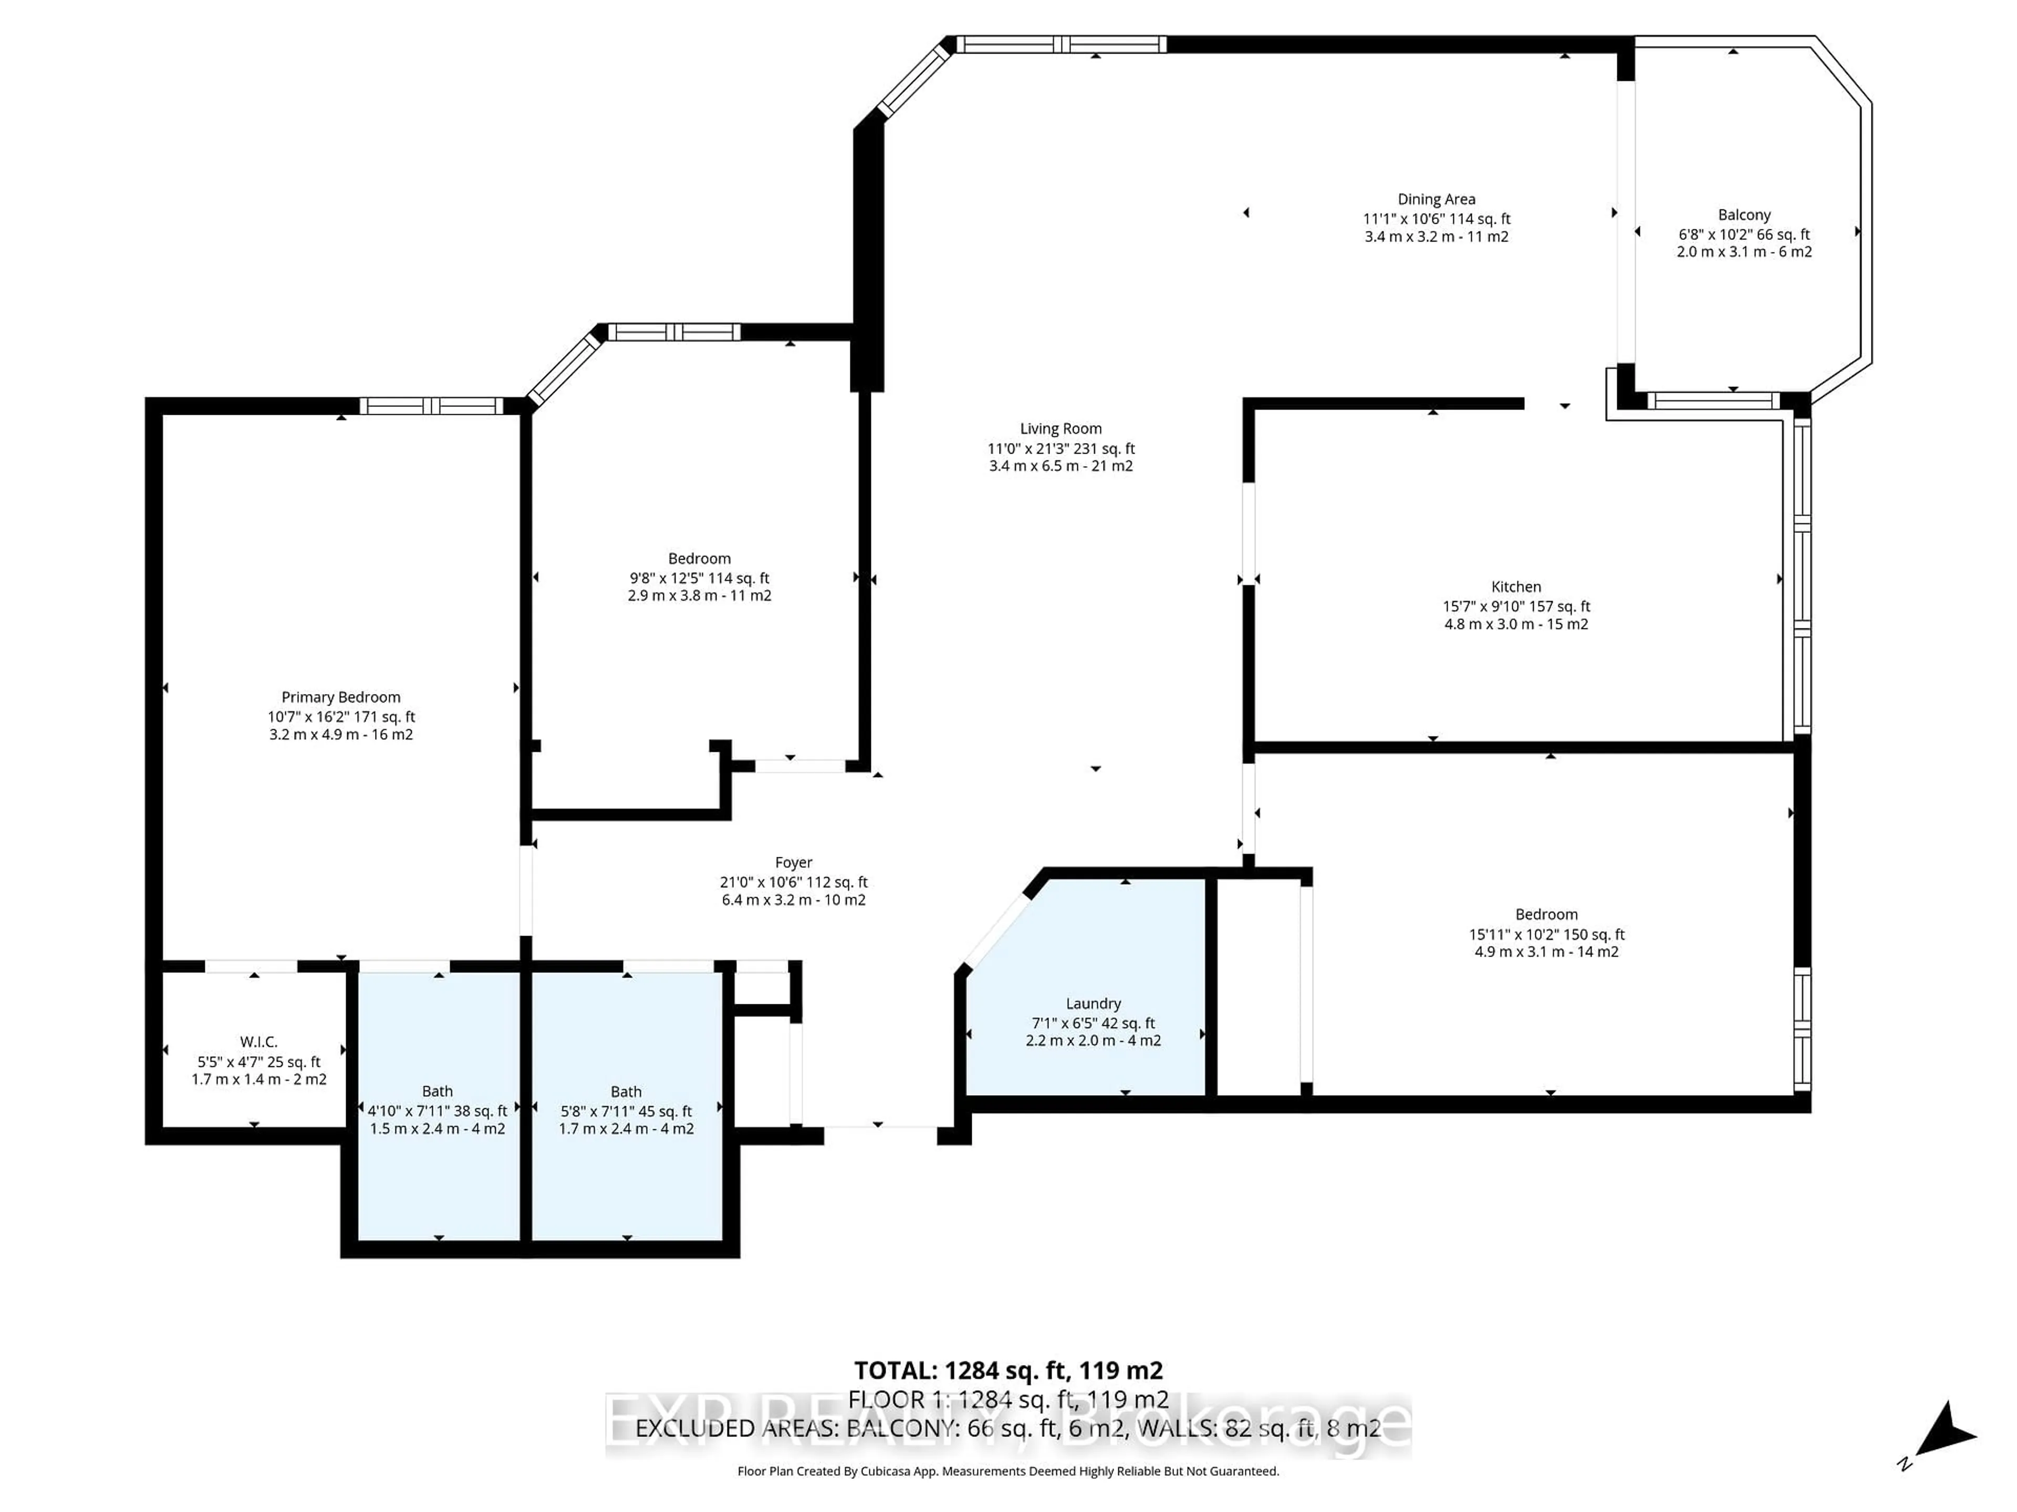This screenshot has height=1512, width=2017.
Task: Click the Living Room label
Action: [1061, 428]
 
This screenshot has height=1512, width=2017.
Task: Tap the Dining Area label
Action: [1436, 198]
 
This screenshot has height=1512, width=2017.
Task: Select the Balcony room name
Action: [1743, 215]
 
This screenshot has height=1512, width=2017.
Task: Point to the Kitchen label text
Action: [1515, 587]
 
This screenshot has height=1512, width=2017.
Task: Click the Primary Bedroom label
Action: [341, 697]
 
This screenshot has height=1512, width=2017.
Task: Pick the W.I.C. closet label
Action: [259, 1042]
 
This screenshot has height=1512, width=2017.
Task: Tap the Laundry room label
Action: [1093, 1003]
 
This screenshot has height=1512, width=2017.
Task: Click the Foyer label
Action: [793, 862]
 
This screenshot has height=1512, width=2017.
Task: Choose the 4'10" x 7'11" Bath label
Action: [438, 1111]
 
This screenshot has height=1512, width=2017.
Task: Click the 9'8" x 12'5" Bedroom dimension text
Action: [700, 578]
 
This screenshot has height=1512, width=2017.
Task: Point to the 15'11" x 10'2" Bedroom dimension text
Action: [1546, 934]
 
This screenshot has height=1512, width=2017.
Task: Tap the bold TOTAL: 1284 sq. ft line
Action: [1008, 1371]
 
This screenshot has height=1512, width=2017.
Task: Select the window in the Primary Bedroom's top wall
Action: [431, 406]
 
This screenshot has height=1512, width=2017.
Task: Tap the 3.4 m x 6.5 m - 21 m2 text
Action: [1061, 466]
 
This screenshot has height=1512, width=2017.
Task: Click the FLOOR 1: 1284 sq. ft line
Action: [1008, 1399]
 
